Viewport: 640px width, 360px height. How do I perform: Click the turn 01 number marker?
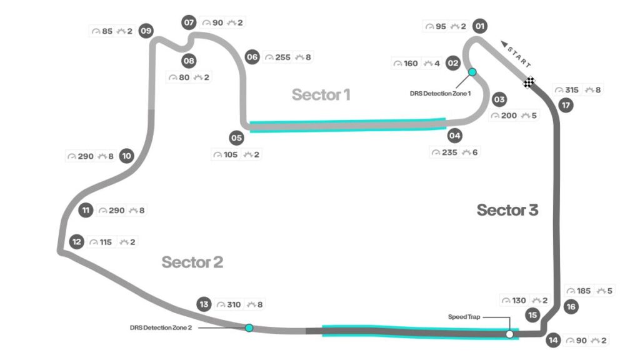click(x=480, y=26)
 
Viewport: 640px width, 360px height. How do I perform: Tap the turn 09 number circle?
click(x=147, y=31)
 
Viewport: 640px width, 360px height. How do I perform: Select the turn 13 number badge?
click(x=204, y=304)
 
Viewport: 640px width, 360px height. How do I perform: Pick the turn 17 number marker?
click(x=566, y=105)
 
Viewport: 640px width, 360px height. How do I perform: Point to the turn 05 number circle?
click(x=236, y=137)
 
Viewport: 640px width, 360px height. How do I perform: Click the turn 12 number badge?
click(x=77, y=242)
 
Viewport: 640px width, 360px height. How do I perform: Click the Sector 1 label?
click(x=321, y=95)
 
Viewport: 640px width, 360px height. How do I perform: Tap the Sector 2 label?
click(x=192, y=262)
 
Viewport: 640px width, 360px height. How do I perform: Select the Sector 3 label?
click(x=507, y=211)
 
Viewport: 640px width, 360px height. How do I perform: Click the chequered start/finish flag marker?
click(x=530, y=82)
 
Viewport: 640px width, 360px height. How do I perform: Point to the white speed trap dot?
click(x=510, y=334)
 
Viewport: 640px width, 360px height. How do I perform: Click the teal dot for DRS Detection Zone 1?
click(x=472, y=72)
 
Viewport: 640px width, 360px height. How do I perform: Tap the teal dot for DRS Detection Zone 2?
click(x=249, y=327)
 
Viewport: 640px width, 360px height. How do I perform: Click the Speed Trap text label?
click(x=464, y=317)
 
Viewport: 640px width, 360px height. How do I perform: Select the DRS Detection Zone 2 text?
click(x=161, y=327)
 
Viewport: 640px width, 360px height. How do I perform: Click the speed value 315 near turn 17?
click(x=572, y=90)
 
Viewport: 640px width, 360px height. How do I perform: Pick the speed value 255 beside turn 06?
click(x=282, y=57)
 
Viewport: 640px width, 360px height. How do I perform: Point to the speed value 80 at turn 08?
click(x=184, y=77)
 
